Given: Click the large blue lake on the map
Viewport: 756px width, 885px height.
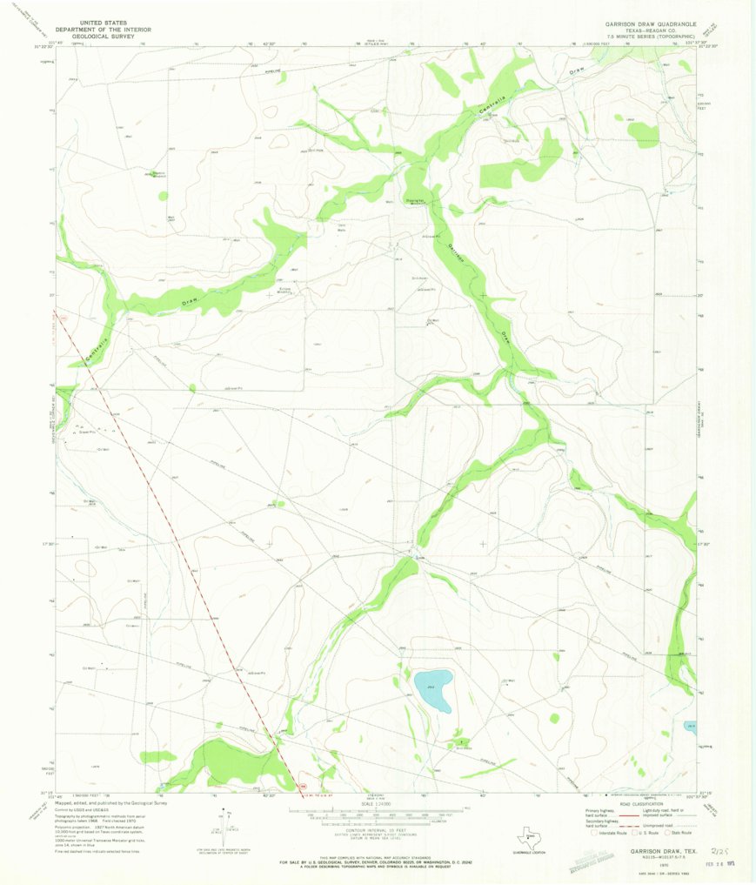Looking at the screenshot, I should [432, 688].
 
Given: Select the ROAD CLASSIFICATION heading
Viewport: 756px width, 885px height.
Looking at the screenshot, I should [642, 803].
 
